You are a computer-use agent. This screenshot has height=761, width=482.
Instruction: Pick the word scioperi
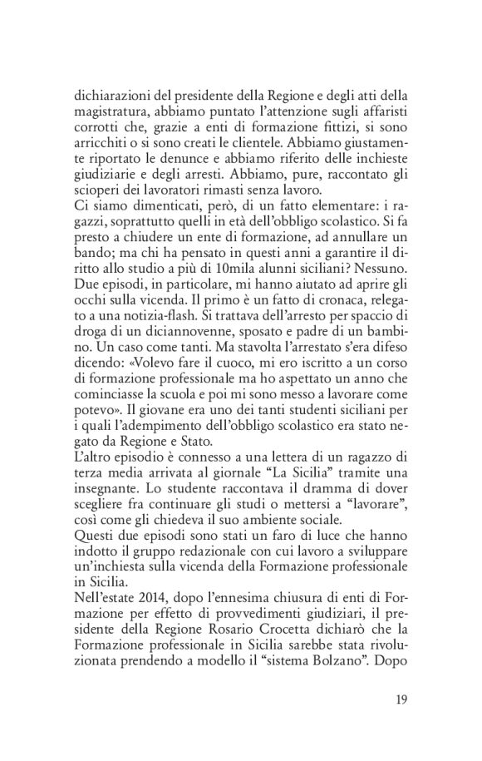point(95,193)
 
